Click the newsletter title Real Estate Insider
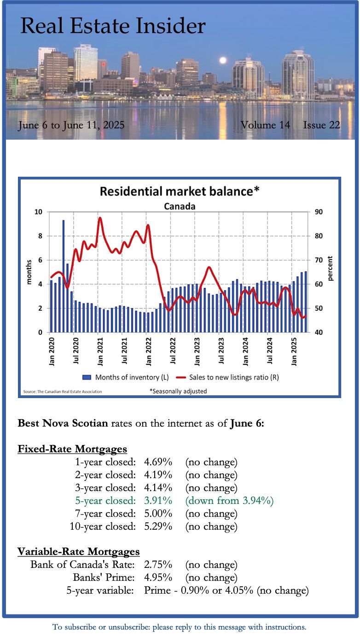tap(113, 26)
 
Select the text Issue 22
tap(321, 125)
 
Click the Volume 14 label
tap(265, 125)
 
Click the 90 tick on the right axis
tap(318, 212)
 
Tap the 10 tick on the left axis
tap(38, 212)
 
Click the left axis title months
tap(29, 272)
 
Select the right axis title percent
tap(330, 269)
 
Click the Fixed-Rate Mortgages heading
tap(72, 449)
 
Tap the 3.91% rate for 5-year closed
tap(158, 501)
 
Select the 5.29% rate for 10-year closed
tap(158, 526)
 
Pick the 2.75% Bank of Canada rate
tap(158, 565)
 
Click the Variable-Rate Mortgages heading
tap(79, 551)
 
